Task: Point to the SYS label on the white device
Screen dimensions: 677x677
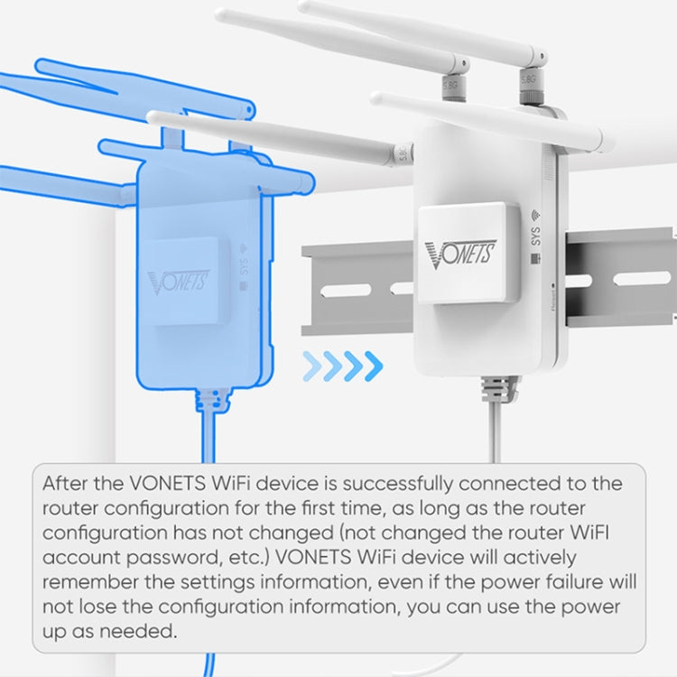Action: pyautogui.click(x=536, y=237)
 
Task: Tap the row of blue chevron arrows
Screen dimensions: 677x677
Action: pyautogui.click(x=342, y=366)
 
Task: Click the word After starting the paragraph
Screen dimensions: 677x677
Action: pyautogui.click(x=67, y=483)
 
